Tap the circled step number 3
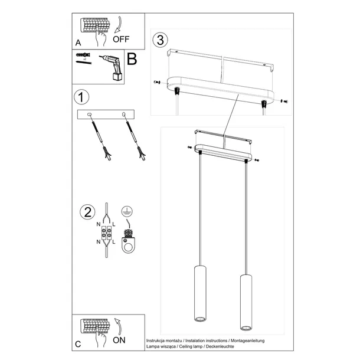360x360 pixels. tap(159, 40)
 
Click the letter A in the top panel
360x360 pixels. tap(78, 42)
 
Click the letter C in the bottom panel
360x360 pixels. tap(78, 344)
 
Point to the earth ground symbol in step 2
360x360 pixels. tap(125, 212)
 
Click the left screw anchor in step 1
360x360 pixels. tap(99, 136)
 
